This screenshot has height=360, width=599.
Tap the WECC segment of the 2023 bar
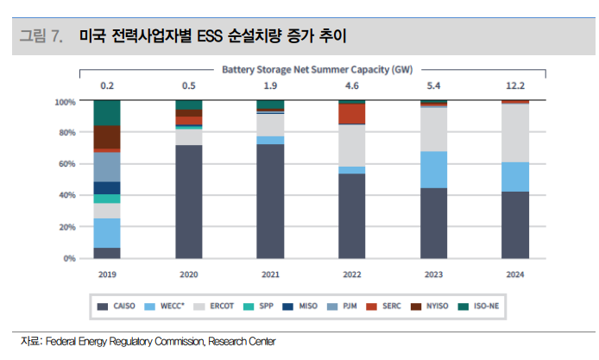(x=434, y=169)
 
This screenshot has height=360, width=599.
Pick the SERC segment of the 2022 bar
(x=352, y=114)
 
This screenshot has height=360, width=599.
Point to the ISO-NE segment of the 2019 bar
(x=107, y=112)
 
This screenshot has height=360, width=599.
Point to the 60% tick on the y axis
(x=66, y=164)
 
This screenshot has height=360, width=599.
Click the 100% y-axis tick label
(x=64, y=102)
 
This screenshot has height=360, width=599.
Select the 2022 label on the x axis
(x=352, y=274)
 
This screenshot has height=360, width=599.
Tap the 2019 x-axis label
(x=107, y=274)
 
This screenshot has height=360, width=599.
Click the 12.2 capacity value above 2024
(x=515, y=85)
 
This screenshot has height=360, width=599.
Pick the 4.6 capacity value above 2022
(x=352, y=85)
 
